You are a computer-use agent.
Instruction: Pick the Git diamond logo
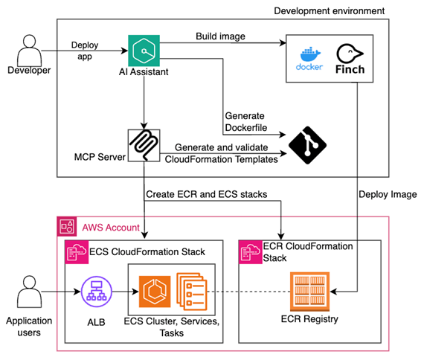click(x=306, y=145)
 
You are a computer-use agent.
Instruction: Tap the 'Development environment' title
click(x=330, y=11)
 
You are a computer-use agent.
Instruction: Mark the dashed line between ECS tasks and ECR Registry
click(x=245, y=290)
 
